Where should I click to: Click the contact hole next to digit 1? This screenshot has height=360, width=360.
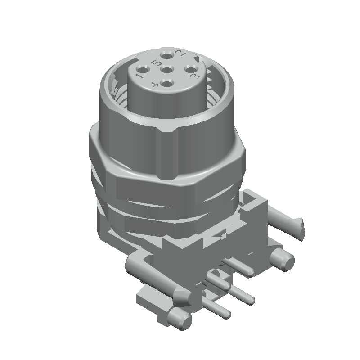pos(144,69)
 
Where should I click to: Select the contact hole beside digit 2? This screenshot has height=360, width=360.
pos(168,56)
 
